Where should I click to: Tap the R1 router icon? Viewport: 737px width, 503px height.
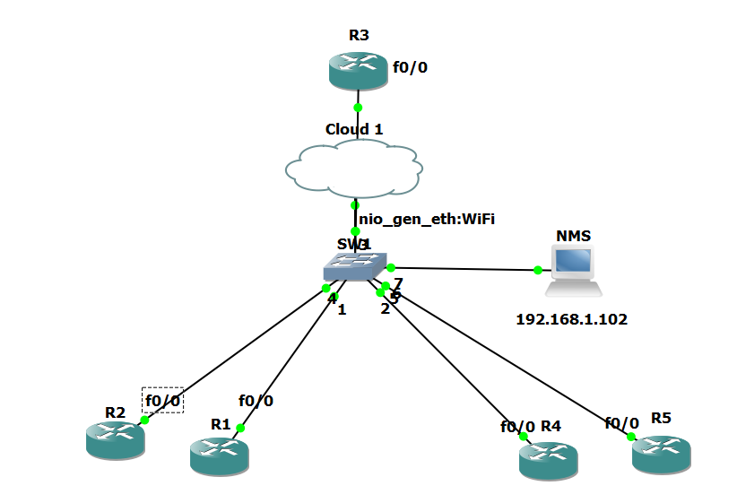[219, 455]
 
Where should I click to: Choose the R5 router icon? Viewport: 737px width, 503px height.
[661, 453]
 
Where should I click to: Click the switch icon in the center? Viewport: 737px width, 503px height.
[356, 266]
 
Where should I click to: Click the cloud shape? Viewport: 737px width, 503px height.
[354, 168]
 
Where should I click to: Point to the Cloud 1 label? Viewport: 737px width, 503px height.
[354, 129]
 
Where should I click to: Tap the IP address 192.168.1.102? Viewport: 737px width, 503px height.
[571, 318]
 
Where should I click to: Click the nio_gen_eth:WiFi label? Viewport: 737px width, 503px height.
[427, 218]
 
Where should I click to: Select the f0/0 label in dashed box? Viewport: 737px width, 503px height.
[163, 400]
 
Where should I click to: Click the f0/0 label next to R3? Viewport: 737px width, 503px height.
[410, 66]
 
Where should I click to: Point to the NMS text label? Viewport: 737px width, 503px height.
[573, 236]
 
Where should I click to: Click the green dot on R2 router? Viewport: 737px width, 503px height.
[143, 420]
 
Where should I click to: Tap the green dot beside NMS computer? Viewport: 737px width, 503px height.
[537, 270]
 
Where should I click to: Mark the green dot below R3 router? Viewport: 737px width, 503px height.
[358, 107]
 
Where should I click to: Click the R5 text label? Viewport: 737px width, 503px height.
[661, 418]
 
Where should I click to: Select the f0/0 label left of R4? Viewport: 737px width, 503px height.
[517, 426]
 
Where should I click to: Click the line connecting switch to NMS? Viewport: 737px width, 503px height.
[466, 268]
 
